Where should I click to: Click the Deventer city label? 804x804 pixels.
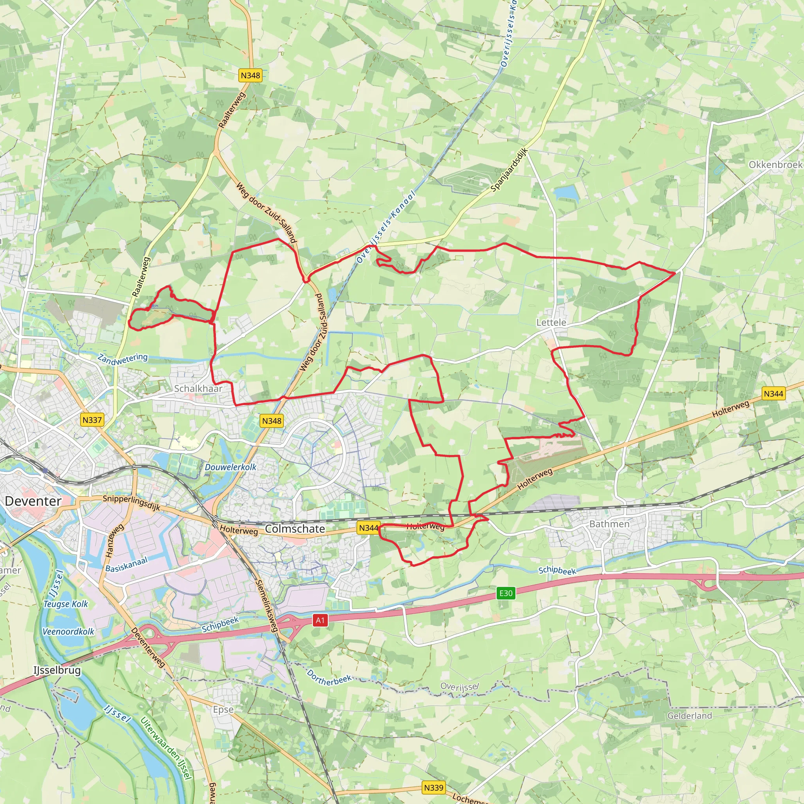(x=33, y=501)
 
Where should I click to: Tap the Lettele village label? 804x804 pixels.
(x=551, y=323)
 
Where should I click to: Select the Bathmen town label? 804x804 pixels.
(x=609, y=524)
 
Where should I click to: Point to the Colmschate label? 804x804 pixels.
(x=295, y=529)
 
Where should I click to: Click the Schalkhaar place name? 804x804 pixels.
(x=198, y=388)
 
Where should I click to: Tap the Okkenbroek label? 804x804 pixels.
(x=775, y=164)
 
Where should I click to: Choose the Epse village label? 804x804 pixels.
(x=223, y=709)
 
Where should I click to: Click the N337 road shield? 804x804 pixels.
(x=92, y=420)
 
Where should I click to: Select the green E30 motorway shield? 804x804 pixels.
(x=506, y=593)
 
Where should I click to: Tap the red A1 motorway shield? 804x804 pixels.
(x=320, y=621)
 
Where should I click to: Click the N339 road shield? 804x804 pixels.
(x=434, y=788)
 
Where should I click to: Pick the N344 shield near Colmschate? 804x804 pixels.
(x=368, y=528)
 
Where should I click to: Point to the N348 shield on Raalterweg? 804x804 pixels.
(x=250, y=75)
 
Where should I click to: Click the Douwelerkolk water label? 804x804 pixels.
(x=230, y=467)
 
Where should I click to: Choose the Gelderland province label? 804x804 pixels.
(x=689, y=716)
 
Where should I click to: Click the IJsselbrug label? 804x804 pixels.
(x=57, y=671)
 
